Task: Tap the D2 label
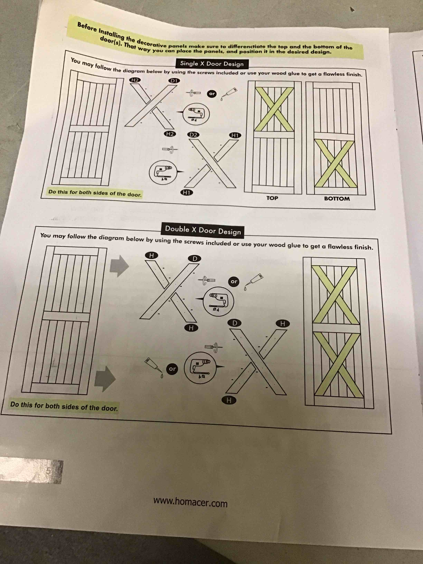193,135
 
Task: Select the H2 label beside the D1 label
135,80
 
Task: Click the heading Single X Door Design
212,63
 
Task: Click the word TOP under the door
272,198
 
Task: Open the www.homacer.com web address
190,502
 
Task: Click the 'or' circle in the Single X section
212,94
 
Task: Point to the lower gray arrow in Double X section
105,379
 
